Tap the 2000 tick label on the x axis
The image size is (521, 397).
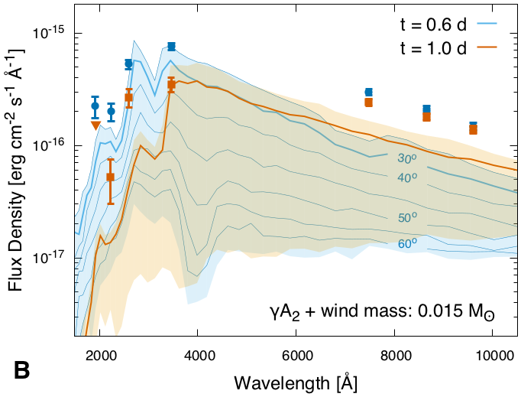coord(100,354)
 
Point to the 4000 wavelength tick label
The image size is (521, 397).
coord(197,354)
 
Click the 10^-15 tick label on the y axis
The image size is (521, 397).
coord(50,34)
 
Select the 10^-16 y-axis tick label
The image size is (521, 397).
coord(50,146)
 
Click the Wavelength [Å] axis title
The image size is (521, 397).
coord(296,380)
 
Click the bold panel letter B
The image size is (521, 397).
coord(22,370)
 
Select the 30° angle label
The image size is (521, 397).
coord(407,160)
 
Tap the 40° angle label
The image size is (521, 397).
coord(407,178)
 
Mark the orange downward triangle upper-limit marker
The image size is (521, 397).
coord(95,125)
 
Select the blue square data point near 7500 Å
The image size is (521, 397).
coord(369,92)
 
